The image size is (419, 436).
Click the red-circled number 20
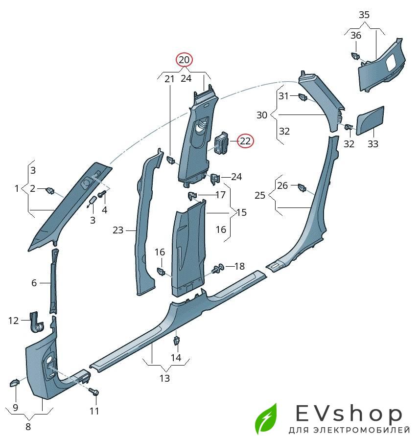pos(185,60)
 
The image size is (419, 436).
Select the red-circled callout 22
pos(245,141)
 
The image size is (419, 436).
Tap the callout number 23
pos(118,229)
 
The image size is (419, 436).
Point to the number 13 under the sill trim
pos(164,378)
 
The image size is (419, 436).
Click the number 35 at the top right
pos(364,15)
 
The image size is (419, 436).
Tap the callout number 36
pos(356,35)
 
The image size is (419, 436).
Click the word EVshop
pos(349,414)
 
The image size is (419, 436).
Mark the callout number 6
pos(34,283)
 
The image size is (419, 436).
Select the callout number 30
pos(262,115)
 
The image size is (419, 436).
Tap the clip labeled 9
pos(15,382)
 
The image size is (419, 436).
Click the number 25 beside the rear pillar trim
pos(260,195)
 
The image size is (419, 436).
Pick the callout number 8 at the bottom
pos(28,426)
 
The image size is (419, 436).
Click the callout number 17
pos(220,195)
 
